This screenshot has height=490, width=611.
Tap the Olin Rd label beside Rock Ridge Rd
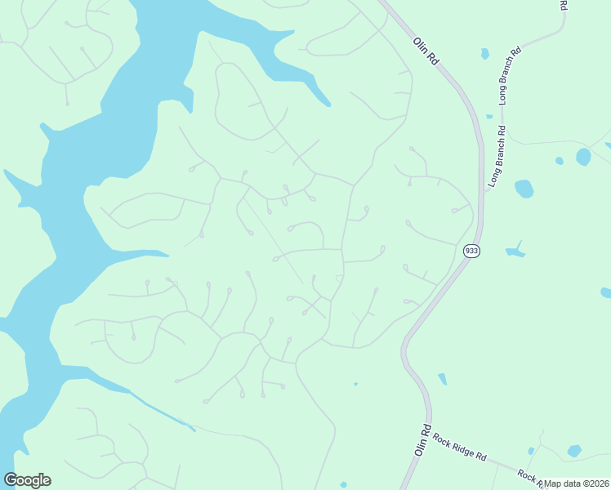422,440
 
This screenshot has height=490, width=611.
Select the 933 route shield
471,251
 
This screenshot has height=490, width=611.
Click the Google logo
27,480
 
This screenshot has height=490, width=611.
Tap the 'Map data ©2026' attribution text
578,483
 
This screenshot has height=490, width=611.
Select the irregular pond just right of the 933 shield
515,251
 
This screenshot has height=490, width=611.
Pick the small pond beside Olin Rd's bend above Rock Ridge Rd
442,378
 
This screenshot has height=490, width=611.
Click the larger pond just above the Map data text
574,451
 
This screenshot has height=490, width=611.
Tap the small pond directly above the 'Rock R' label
531,451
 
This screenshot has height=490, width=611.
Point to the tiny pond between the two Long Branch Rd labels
489,117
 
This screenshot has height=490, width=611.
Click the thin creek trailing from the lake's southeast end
163,412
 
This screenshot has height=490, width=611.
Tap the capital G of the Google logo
11,480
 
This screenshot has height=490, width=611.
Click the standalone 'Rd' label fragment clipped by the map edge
564,5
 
